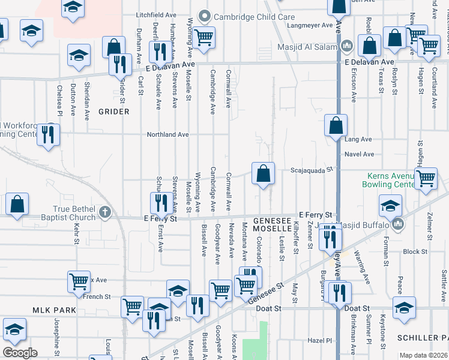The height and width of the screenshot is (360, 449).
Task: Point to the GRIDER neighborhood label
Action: pyautogui.click(x=114, y=112)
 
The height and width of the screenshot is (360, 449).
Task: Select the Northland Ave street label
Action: pyautogui.click(x=168, y=135)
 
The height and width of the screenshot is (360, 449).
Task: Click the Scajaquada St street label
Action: pyautogui.click(x=311, y=170)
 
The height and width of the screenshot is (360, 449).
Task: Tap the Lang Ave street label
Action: pyautogui.click(x=359, y=139)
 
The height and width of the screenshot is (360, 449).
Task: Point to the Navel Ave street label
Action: pyautogui.click(x=360, y=154)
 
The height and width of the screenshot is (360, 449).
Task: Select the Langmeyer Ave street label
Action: pyautogui.click(x=310, y=26)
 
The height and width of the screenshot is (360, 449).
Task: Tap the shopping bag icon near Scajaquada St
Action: pyautogui.click(x=263, y=174)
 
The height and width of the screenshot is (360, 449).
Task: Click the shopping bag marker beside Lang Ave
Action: pyautogui.click(x=336, y=125)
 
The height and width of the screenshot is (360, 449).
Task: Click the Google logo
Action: pyautogui.click(x=20, y=353)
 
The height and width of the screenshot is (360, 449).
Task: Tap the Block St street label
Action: pyautogui.click(x=415, y=252)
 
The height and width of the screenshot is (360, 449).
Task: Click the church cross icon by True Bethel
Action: pyautogui.click(x=105, y=212)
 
